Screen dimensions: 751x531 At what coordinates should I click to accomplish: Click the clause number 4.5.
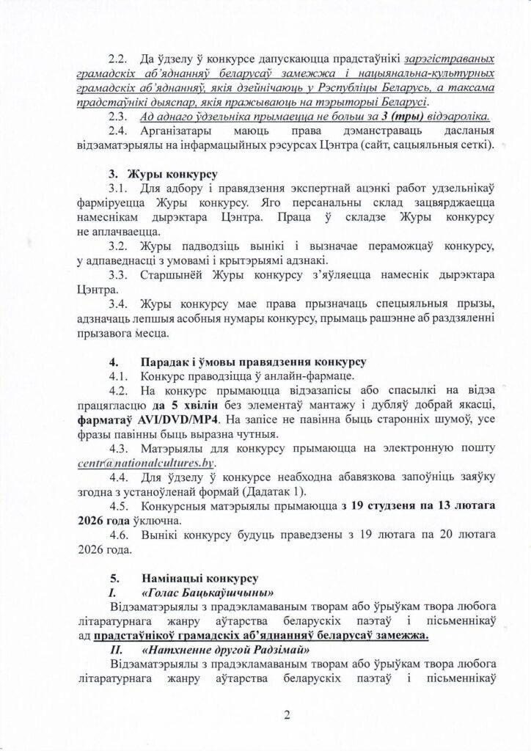pyautogui.click(x=120, y=507)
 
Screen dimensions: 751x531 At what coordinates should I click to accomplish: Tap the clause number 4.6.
pyautogui.click(x=120, y=535)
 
